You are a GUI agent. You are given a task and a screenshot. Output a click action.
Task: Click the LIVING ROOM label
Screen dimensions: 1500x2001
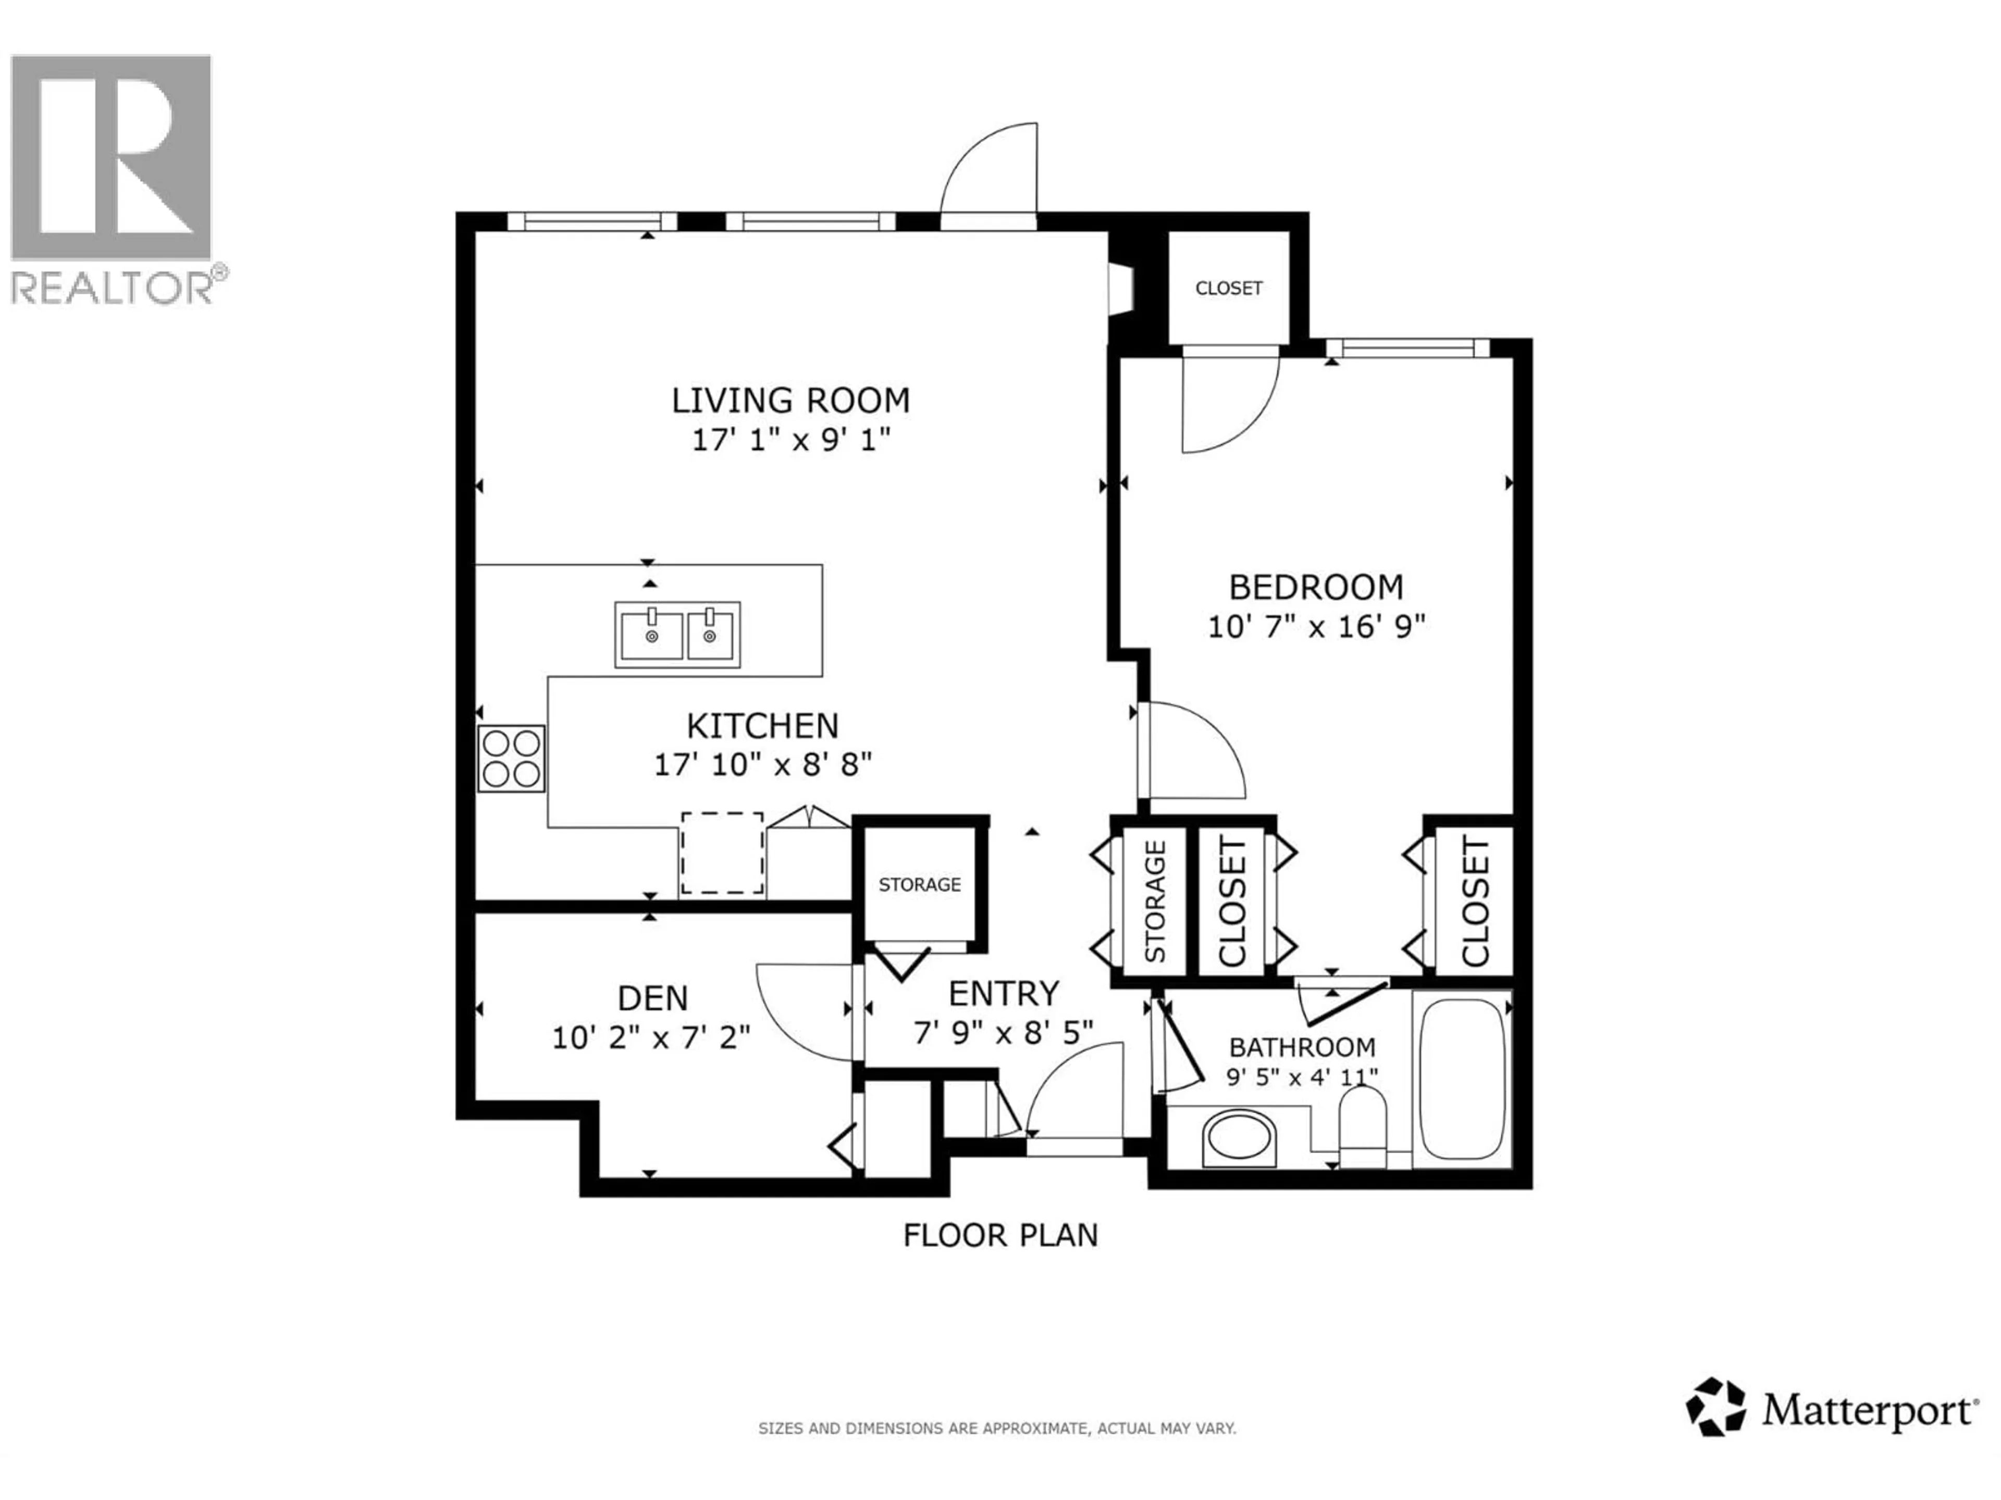790,399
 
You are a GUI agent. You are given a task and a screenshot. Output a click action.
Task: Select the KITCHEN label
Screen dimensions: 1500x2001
762,725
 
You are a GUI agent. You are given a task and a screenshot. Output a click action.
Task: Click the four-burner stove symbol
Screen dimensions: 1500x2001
511,758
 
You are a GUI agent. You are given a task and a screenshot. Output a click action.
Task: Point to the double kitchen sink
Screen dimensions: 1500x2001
677,635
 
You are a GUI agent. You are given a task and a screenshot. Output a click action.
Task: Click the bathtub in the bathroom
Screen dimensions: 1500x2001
1461,1079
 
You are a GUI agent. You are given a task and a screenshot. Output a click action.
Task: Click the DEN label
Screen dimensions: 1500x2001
652,998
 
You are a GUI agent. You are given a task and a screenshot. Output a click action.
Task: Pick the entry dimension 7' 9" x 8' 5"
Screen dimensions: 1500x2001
1003,1032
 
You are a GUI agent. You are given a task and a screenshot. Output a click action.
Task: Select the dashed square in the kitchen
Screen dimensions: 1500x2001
722,853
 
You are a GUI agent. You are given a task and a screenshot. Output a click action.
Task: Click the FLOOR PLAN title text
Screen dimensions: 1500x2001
999,1235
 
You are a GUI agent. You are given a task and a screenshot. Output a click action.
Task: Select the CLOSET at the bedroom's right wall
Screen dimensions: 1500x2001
1474,901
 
